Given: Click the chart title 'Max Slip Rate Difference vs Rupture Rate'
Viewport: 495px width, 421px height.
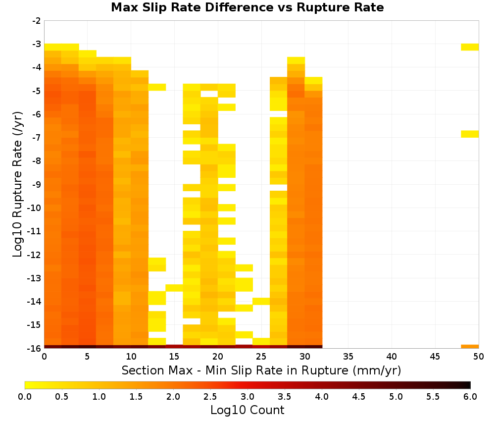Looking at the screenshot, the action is click(x=247, y=7).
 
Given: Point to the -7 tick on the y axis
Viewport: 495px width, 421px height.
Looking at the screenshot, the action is click(x=37, y=138).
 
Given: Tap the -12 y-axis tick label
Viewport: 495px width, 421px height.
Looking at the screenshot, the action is click(x=35, y=255).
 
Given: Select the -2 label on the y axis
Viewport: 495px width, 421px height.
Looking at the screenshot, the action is click(x=37, y=21).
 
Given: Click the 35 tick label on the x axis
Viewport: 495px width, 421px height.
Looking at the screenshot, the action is click(x=348, y=357).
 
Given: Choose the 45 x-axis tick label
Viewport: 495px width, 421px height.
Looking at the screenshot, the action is click(x=435, y=357).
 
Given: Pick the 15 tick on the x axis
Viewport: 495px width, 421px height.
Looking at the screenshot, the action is click(x=174, y=357).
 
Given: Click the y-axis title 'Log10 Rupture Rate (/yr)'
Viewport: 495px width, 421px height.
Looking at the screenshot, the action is click(x=17, y=184).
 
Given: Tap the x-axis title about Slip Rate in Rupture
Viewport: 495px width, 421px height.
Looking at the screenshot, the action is click(x=261, y=370).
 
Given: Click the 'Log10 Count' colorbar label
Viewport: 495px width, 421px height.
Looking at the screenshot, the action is click(x=247, y=410).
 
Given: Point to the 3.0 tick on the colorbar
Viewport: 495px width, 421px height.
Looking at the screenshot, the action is click(x=247, y=397).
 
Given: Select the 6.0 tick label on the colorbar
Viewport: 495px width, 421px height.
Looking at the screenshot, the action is click(x=470, y=397).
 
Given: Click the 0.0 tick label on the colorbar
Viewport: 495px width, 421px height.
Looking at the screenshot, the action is click(x=25, y=397).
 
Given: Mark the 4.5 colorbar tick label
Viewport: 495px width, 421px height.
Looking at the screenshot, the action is click(x=359, y=397).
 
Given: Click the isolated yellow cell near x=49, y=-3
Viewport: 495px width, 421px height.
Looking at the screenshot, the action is click(x=470, y=47).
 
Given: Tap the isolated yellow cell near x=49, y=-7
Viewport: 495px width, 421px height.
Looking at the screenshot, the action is click(x=470, y=134).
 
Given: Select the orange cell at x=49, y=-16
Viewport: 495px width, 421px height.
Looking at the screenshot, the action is click(x=470, y=347).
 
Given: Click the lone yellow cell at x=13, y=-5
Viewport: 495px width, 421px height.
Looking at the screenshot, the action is click(x=157, y=87).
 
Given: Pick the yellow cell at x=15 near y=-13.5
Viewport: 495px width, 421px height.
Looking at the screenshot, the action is click(x=175, y=288).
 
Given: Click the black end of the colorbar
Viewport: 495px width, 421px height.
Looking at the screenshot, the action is click(x=468, y=385).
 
